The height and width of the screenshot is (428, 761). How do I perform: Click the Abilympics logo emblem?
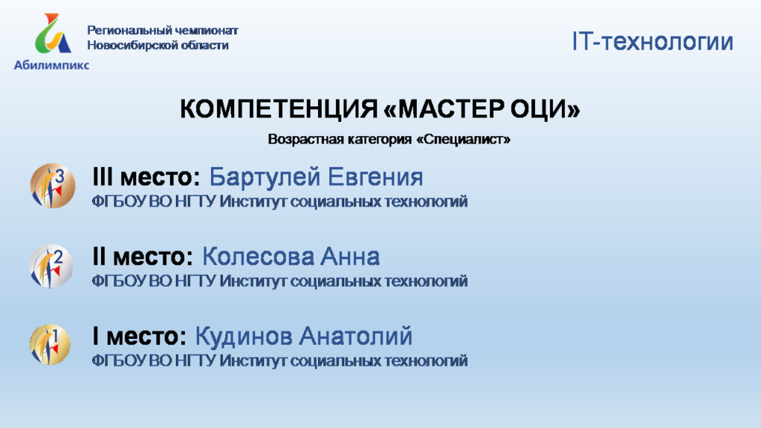click(53, 33)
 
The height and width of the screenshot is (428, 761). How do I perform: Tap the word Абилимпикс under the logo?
click(51, 65)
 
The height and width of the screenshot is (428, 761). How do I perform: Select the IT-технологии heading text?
click(652, 42)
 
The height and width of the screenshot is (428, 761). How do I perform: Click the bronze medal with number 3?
click(53, 186)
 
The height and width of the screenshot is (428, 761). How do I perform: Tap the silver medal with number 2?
click(51, 266)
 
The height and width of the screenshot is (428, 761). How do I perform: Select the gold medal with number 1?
click(50, 345)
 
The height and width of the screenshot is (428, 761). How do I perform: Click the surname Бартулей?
click(265, 177)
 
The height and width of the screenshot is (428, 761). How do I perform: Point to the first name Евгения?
click(375, 177)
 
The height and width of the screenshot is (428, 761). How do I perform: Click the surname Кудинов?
click(243, 337)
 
